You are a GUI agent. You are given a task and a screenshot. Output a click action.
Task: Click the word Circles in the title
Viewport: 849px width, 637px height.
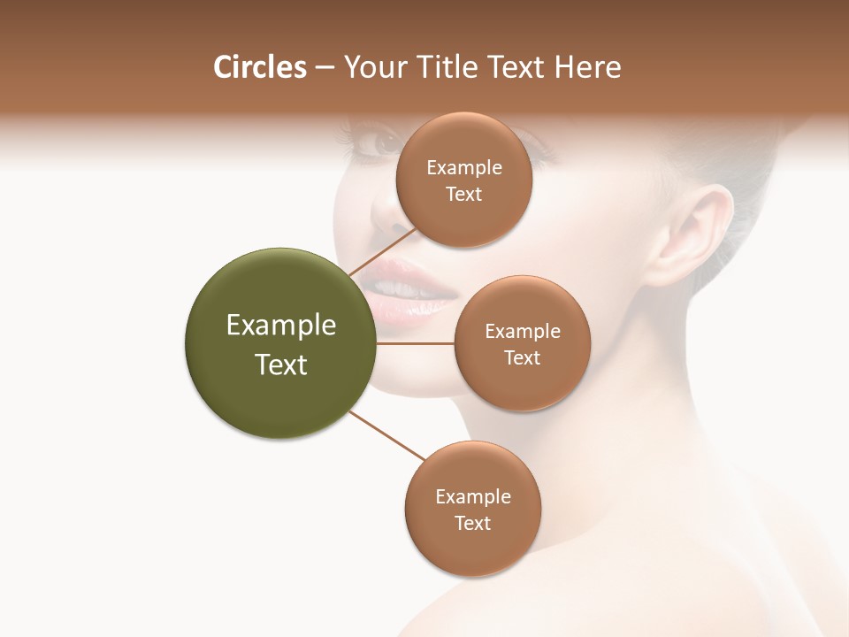tap(259, 67)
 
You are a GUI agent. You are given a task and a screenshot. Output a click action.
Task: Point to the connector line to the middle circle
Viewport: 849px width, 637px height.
tap(416, 343)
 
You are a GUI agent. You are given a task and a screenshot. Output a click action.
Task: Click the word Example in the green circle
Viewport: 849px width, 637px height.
tap(280, 326)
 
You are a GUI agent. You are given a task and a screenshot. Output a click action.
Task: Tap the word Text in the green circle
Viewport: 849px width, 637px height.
tap(280, 365)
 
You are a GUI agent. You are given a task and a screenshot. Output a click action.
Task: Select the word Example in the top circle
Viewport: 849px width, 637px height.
tap(463, 167)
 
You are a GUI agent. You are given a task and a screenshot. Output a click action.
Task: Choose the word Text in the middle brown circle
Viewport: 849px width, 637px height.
tap(522, 357)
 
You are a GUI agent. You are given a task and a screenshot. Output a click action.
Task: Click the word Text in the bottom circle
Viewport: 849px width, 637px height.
tap(472, 523)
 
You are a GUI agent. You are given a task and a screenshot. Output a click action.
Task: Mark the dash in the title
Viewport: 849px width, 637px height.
tap(325, 68)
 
